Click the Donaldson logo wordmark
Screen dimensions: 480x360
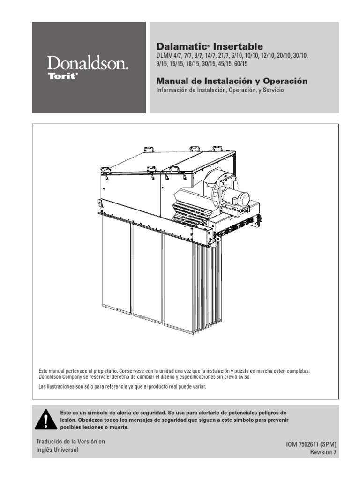tap(87, 63)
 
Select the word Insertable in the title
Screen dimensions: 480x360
tap(238, 46)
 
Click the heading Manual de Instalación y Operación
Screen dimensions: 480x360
tap(232, 81)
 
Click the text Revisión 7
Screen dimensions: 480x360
tap(323, 452)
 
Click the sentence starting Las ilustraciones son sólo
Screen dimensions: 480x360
tap(122, 387)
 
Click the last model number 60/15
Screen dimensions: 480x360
tap(240, 63)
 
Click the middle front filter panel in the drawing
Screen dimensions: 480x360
tap(147, 272)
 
